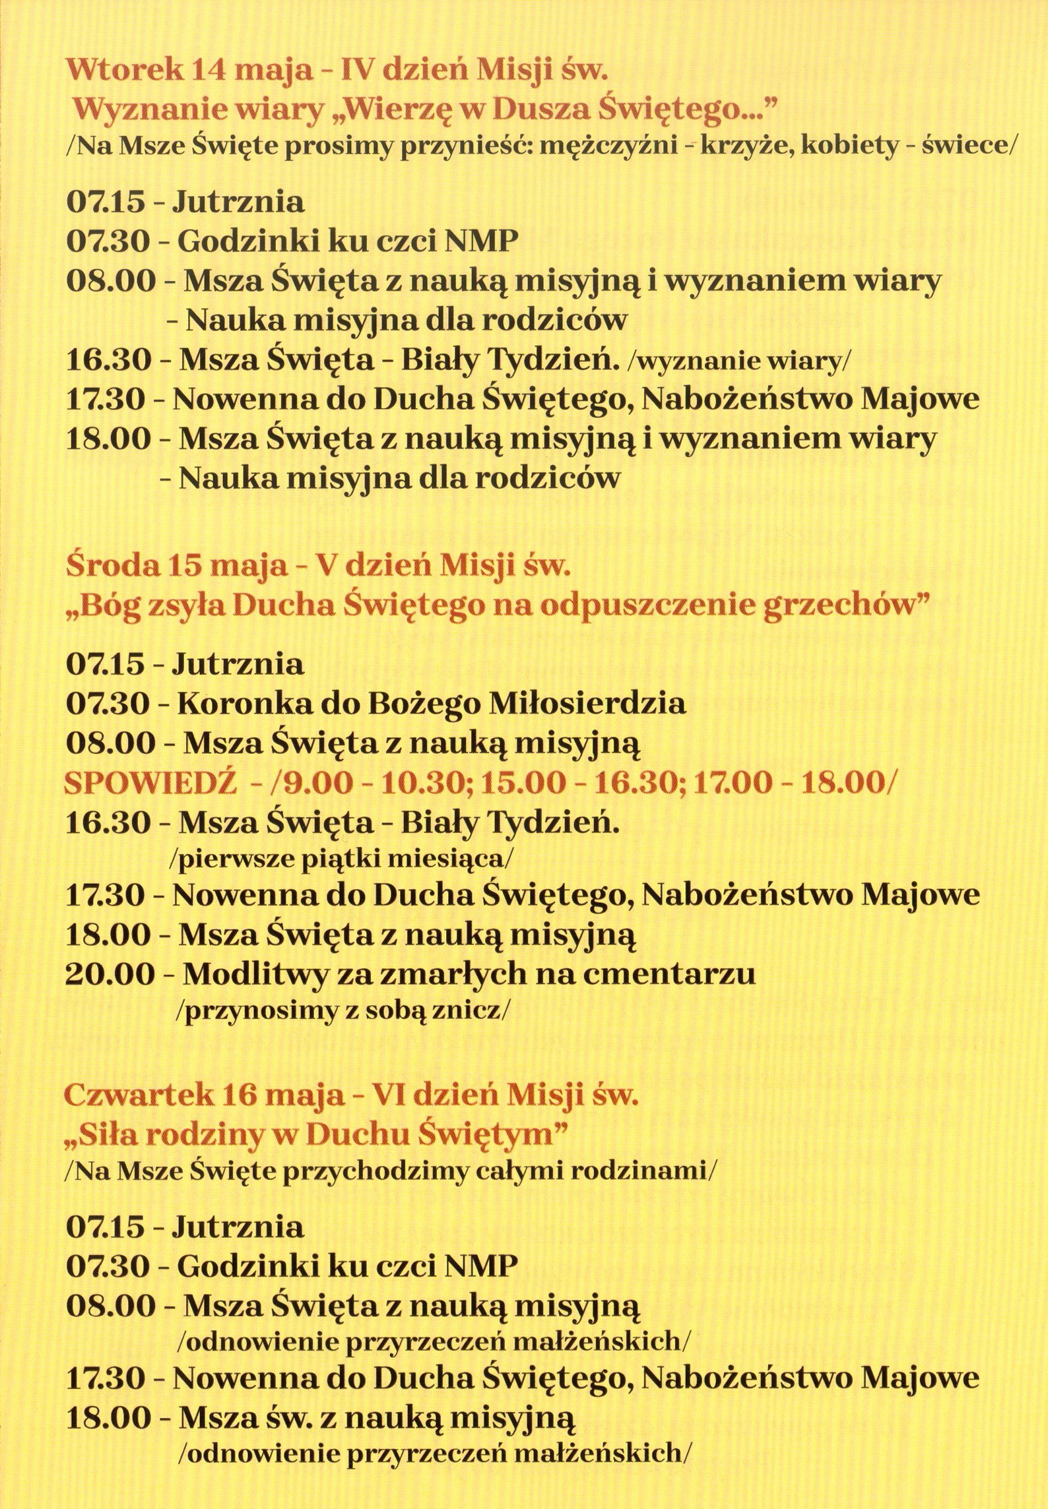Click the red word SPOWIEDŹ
pos(149,784)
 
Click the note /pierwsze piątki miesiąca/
pos(342,859)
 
